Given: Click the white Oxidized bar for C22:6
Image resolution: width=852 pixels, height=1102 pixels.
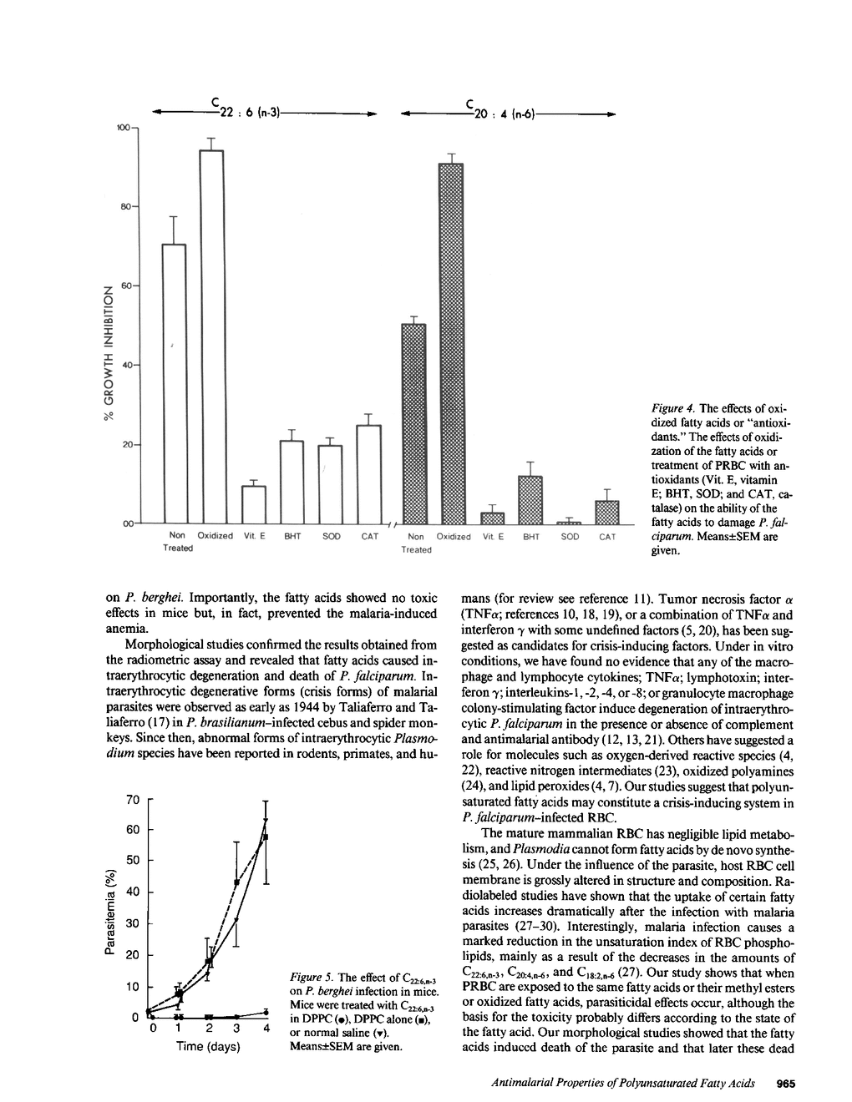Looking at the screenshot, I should pyautogui.click(x=212, y=334).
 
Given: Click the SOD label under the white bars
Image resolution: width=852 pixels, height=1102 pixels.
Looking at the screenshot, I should pyautogui.click(x=331, y=536).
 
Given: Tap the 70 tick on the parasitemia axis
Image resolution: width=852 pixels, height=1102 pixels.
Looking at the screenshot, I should pyautogui.click(x=132, y=800).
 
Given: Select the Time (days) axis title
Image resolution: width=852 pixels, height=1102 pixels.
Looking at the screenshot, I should pyautogui.click(x=208, y=1046).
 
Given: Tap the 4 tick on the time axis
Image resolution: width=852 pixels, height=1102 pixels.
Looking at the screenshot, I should pyautogui.click(x=266, y=1029).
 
